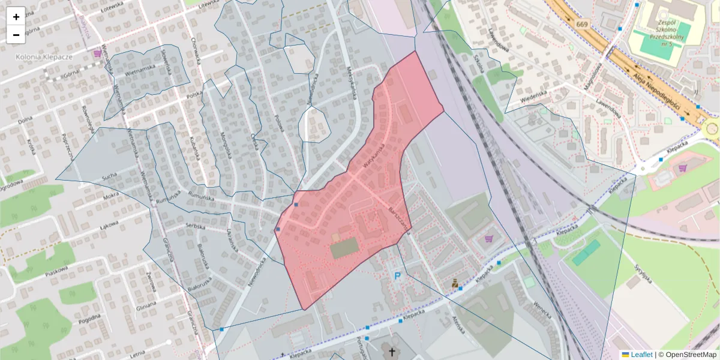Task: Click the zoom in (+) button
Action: point(16,17)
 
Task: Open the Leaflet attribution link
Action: point(641,355)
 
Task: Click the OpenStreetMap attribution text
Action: point(688,355)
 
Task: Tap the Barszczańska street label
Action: point(399,220)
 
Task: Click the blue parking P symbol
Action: point(397,276)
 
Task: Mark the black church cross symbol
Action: point(392,352)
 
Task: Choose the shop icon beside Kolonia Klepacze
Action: point(97,54)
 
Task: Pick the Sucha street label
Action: point(109,177)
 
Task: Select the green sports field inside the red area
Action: point(344,247)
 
